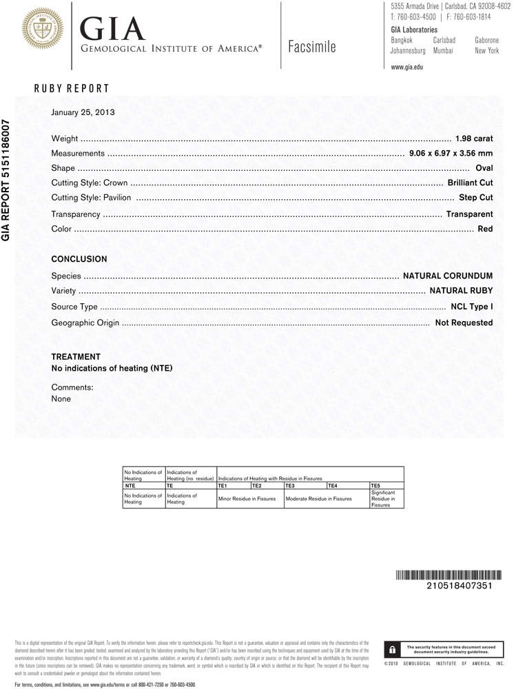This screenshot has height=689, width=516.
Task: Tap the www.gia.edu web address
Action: coord(406,68)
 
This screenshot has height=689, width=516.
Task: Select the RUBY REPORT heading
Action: coord(71,89)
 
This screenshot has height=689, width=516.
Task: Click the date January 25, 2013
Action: coord(83,112)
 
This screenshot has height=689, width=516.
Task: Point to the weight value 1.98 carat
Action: coord(473,139)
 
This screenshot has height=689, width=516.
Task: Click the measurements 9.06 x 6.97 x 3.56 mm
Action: coord(451,154)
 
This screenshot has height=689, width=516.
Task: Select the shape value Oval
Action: coord(484,168)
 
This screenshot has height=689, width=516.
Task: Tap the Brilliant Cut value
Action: coord(470,183)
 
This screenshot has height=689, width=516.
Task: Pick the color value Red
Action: coord(485,228)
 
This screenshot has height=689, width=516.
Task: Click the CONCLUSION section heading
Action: coord(79,259)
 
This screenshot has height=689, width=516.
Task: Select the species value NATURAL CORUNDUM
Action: coord(447,276)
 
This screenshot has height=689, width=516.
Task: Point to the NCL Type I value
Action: coord(471,307)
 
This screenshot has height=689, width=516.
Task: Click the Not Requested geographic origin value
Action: coord(464,322)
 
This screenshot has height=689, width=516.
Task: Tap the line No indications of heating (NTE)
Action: coord(112,368)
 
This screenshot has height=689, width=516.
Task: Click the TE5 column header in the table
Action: coord(376,486)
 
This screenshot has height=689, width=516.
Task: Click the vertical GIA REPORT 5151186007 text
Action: coord(6,180)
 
